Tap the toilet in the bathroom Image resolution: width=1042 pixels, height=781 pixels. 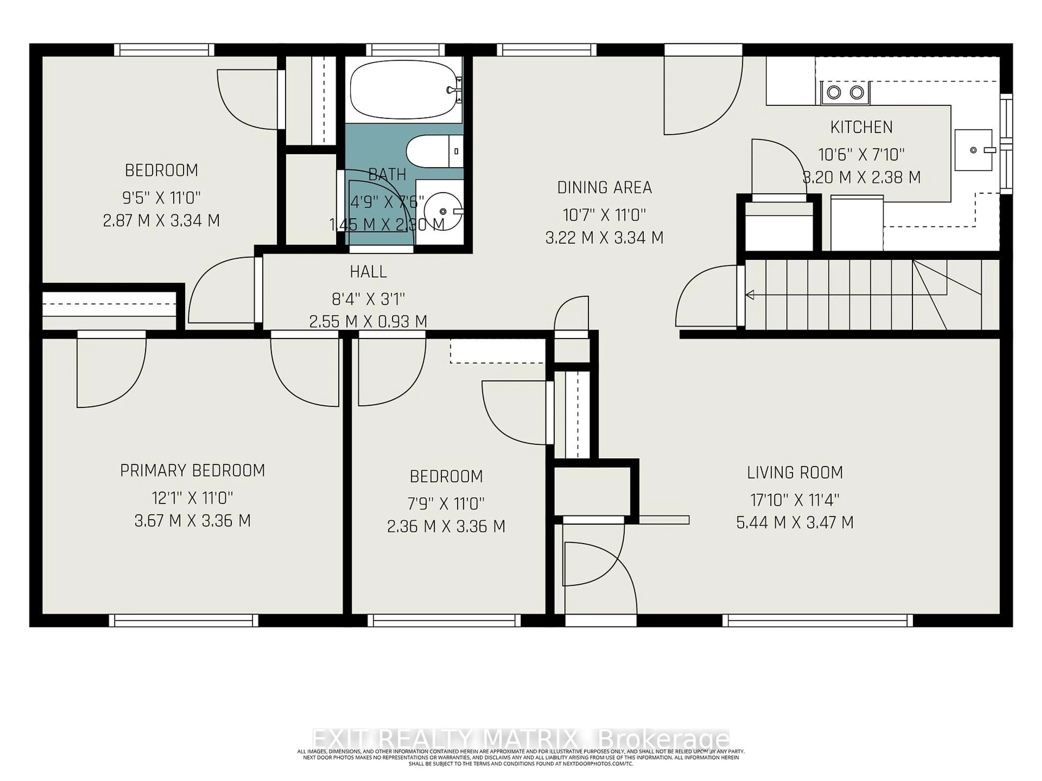click(x=433, y=151)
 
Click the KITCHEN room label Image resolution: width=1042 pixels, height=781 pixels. click(x=861, y=127)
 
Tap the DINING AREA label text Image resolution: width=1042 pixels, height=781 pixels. click(x=604, y=188)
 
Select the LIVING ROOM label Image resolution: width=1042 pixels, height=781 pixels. click(x=795, y=473)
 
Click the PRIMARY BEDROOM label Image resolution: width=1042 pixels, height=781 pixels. click(x=192, y=471)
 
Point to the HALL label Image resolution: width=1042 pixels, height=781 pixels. click(x=368, y=272)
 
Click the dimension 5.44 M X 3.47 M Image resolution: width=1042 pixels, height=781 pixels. click(x=795, y=523)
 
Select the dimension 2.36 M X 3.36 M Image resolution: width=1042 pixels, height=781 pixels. click(x=446, y=526)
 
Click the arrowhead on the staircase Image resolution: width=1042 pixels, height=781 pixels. click(x=750, y=295)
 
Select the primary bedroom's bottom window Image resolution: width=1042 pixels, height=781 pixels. click(x=184, y=620)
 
